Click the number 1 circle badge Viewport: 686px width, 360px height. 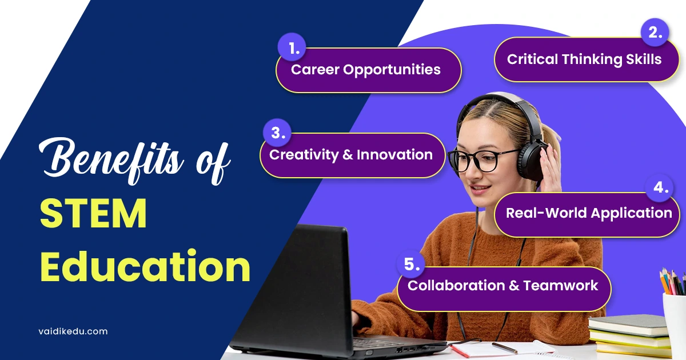293,49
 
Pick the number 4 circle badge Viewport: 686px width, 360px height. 660,188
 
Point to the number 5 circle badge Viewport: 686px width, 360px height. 412,264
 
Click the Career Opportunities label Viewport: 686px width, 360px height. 366,70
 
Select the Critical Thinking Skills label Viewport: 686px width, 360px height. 584,59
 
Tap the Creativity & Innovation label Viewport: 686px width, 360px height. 351,155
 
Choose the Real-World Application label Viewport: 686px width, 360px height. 589,214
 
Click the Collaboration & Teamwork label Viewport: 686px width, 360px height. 502,286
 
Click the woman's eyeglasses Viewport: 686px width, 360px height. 478,160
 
